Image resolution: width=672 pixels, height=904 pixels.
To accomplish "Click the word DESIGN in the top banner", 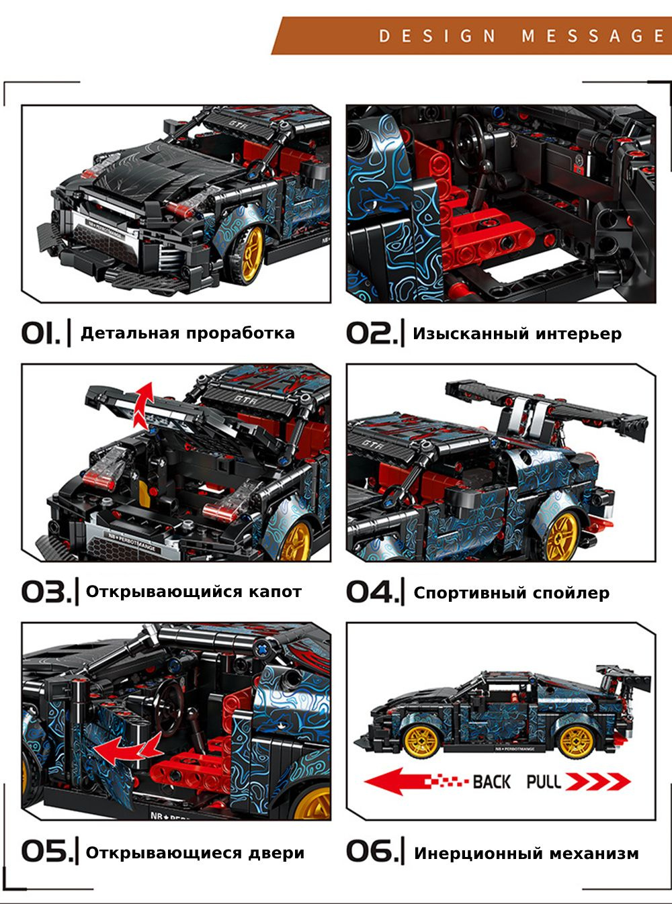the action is pos(437,36).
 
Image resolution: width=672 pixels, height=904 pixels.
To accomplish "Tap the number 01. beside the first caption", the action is pos(40,333).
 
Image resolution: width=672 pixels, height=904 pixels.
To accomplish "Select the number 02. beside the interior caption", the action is pos(372,333).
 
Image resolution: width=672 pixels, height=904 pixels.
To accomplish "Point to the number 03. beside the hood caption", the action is pos(46,592).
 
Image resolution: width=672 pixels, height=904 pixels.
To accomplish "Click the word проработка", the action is pos(241,334).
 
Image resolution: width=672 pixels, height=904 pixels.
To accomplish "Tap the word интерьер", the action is pos(579,334).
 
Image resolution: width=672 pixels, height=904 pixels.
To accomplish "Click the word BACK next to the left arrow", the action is pos(491,782).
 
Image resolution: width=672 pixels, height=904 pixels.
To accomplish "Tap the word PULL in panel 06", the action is pos(544,782).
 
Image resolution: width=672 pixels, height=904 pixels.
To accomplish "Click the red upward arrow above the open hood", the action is pos(144,406).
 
